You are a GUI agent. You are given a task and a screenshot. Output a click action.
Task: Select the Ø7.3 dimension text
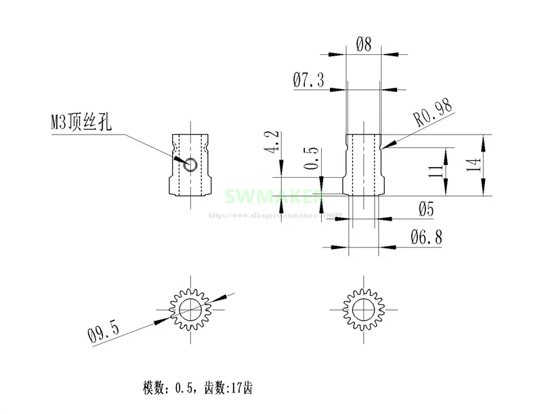click(308, 81)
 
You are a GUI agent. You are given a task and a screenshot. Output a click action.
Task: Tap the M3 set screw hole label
click(81, 122)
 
